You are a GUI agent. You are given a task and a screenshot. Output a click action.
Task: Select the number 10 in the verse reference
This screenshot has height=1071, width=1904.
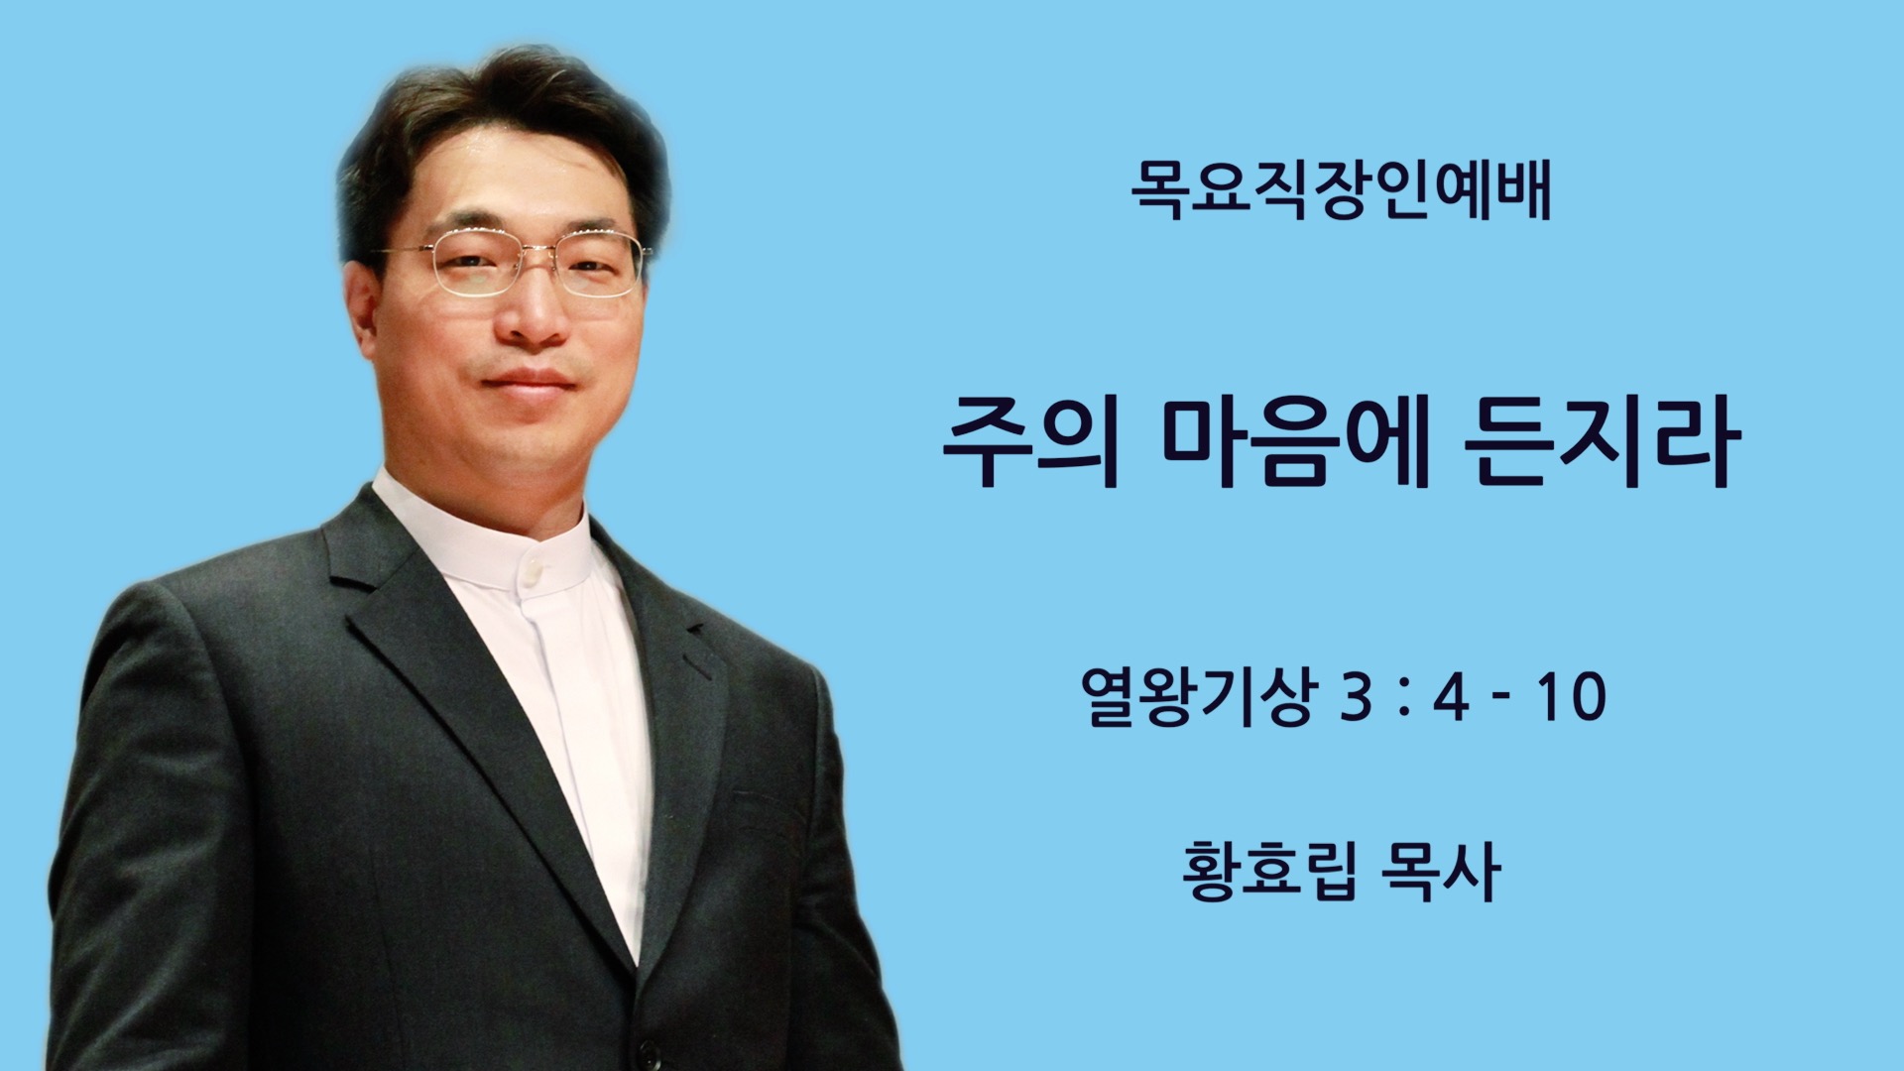click(1573, 697)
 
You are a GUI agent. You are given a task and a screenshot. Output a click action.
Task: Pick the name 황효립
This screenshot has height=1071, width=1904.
click(1269, 870)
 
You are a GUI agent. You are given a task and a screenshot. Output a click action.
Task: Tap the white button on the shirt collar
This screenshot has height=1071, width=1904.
click(534, 571)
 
